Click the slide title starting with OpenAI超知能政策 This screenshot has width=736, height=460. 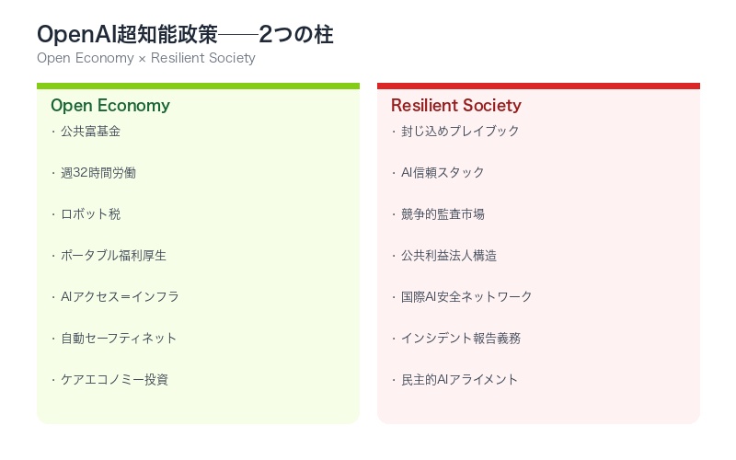click(x=185, y=35)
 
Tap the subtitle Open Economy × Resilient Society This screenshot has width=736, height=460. click(x=145, y=58)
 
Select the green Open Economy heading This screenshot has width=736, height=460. click(x=110, y=106)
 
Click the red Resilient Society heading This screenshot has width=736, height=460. click(x=455, y=106)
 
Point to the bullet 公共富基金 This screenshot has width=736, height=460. click(x=90, y=132)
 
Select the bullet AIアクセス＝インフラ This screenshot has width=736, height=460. click(x=120, y=297)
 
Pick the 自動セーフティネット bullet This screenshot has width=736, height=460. click(x=119, y=339)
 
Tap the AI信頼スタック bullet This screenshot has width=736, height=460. click(x=443, y=173)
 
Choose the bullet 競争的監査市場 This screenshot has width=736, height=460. click(x=443, y=214)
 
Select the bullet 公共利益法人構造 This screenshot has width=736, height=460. click(x=449, y=256)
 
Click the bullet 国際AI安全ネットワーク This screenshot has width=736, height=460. click(x=466, y=297)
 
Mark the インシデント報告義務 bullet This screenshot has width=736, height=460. click(x=460, y=339)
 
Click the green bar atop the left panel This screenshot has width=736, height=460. click(x=198, y=86)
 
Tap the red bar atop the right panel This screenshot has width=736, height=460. click(x=538, y=86)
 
